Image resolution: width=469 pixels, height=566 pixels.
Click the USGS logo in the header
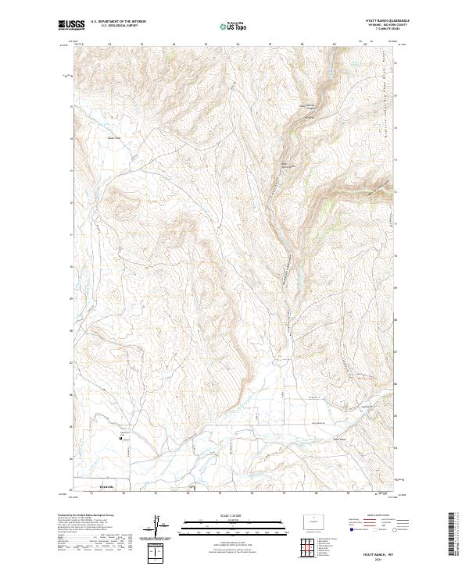pyautogui.click(x=70, y=26)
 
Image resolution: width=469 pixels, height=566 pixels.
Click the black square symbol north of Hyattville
pyautogui.click(x=120, y=439)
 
